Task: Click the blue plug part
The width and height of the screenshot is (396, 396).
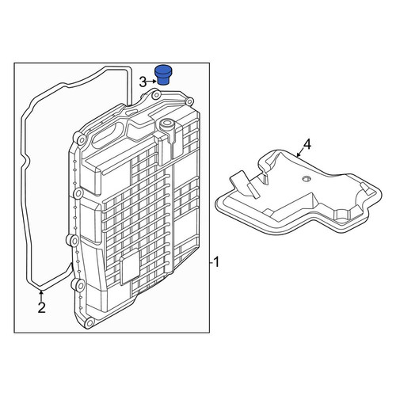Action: tap(162, 74)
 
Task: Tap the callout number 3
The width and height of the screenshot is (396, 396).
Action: tap(143, 82)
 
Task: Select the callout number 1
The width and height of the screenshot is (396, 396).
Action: tap(216, 262)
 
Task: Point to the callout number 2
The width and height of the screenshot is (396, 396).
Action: tap(41, 307)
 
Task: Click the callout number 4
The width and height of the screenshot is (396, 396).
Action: tap(307, 144)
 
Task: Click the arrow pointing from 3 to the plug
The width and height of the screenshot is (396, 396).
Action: tap(152, 82)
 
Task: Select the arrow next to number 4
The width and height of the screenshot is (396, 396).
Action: tap(299, 154)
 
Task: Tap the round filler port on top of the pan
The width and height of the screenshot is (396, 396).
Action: tap(166, 124)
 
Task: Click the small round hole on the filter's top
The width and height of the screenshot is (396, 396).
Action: tap(306, 179)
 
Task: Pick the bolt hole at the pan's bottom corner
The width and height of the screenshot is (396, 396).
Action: tap(89, 323)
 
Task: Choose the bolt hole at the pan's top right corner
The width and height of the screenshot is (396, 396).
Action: tap(189, 101)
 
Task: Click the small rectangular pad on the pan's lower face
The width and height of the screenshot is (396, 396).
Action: tap(130, 267)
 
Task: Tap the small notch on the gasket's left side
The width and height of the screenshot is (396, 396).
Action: tap(26, 159)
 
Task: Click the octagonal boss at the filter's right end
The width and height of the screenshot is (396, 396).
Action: tap(343, 215)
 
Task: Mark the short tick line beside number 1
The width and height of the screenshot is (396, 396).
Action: tap(211, 262)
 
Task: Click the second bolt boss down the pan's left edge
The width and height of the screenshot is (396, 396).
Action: tap(78, 193)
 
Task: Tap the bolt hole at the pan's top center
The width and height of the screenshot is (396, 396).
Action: tap(155, 95)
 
